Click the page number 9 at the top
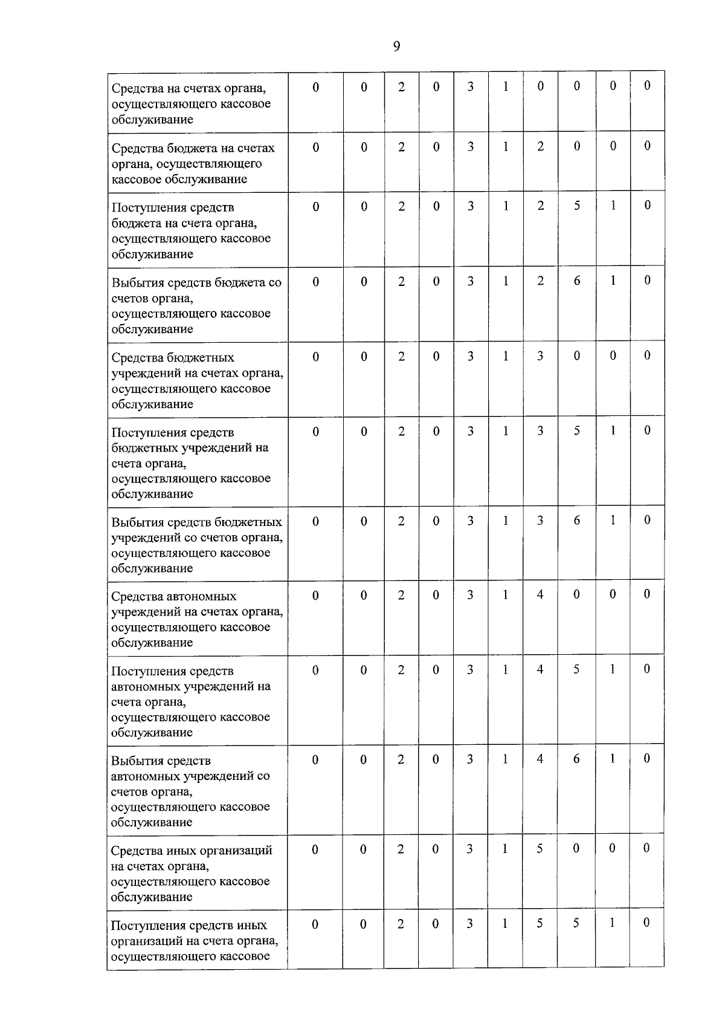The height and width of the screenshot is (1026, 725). point(396,47)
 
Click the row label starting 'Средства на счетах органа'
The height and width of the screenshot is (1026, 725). point(191,103)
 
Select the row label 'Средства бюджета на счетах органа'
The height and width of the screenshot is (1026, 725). point(193,163)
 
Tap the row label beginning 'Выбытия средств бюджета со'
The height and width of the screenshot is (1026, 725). point(196,305)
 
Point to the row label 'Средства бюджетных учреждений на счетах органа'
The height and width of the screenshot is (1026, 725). point(197,380)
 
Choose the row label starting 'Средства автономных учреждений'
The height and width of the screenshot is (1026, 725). point(196,619)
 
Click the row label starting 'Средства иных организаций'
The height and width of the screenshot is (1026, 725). point(191,873)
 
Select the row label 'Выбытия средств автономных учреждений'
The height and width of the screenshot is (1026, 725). point(190,791)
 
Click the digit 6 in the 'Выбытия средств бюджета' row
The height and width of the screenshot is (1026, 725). point(577,281)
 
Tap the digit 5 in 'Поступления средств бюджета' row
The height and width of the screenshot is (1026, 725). point(577,206)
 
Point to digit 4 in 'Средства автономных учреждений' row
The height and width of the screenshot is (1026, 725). point(540,594)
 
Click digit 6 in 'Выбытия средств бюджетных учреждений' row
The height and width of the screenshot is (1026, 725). point(577,520)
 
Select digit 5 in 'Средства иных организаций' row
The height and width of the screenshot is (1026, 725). point(540,848)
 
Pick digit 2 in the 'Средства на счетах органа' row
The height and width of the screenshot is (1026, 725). point(401,86)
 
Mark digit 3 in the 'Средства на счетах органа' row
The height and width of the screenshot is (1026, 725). point(470,86)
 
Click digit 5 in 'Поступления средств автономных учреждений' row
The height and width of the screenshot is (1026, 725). point(577,669)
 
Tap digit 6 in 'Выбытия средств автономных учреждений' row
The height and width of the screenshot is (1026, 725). point(577,759)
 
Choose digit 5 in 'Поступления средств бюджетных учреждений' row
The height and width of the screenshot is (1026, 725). point(577,430)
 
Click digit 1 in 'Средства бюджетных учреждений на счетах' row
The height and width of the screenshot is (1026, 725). point(506,356)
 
